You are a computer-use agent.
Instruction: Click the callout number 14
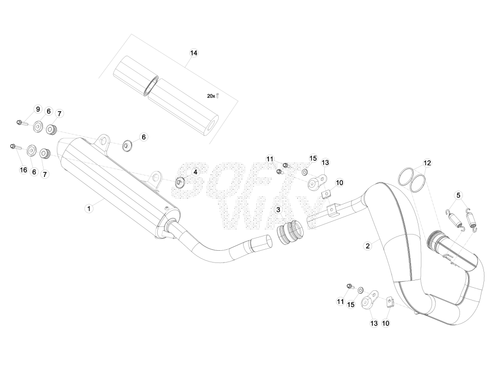193,53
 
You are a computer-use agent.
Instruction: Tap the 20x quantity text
211,96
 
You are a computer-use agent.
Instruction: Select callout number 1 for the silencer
89,209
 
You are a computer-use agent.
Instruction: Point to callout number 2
368,246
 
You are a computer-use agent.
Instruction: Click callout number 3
278,210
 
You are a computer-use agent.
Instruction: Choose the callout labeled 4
195,172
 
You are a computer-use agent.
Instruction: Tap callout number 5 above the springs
458,195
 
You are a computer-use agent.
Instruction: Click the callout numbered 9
38,109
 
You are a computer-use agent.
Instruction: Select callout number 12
427,163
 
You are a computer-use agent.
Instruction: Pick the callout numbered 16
23,170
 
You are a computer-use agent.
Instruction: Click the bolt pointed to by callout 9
22,123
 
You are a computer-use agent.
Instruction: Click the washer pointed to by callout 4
180,183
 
